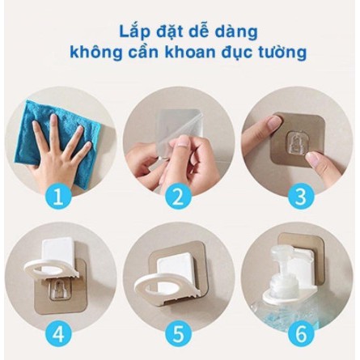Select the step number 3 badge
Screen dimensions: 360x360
click(301, 196)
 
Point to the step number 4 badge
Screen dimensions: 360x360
click(58, 335)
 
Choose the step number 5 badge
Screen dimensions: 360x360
click(178, 335)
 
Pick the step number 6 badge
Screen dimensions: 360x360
click(301, 335)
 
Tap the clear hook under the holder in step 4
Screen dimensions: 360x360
click(60, 290)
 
